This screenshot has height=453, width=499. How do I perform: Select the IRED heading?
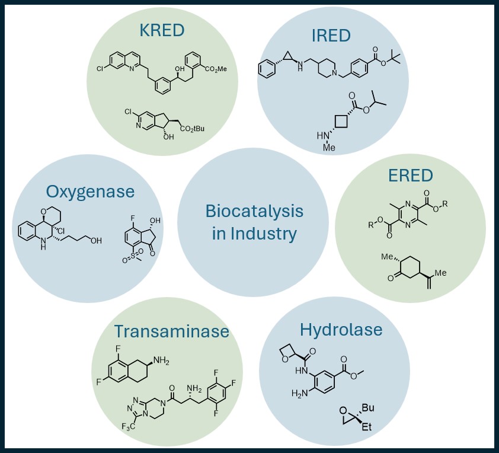[x=331, y=35]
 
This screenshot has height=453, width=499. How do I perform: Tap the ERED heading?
[x=411, y=176]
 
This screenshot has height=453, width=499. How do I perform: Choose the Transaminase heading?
[x=171, y=331]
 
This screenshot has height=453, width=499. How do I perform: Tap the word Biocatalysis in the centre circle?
[x=254, y=211]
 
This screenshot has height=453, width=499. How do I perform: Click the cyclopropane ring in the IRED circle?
[x=286, y=59]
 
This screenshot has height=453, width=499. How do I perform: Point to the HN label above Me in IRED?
[x=324, y=136]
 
